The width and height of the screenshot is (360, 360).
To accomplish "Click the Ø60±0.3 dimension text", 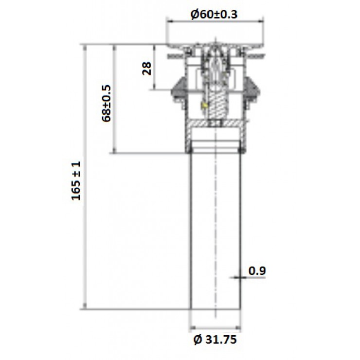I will pyautogui.click(x=215, y=14).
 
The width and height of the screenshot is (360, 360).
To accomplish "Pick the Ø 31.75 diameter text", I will pyautogui.click(x=215, y=339).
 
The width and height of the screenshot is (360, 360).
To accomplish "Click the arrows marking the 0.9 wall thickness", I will pyautogui.click(x=240, y=277).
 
